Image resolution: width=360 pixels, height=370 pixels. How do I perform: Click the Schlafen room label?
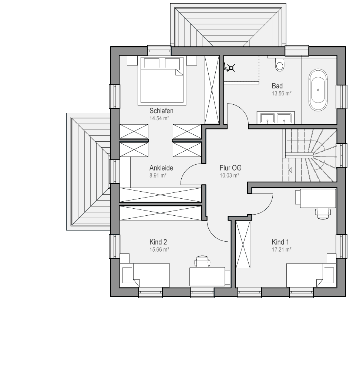pyautogui.click(x=161, y=111)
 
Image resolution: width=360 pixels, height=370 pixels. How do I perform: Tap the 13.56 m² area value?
pyautogui.click(x=282, y=94)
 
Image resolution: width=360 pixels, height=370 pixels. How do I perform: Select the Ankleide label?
pyautogui.click(x=161, y=168)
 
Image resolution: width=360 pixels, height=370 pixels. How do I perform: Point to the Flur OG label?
pyautogui.click(x=231, y=168)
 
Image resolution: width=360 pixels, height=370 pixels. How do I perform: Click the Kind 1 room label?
pyautogui.click(x=280, y=242)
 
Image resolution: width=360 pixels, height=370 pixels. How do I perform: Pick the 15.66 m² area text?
pyautogui.click(x=159, y=250)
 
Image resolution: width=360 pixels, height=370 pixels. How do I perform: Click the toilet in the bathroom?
pyautogui.click(x=280, y=64)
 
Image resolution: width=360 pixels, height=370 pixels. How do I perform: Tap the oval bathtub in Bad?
pyautogui.click(x=318, y=90)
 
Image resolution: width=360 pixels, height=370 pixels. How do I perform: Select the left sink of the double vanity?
pyautogui.click(x=268, y=118)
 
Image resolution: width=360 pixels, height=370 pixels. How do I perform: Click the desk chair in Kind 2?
pyautogui.click(x=202, y=261)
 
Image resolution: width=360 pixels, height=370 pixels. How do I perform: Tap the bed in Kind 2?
pyautogui.click(x=145, y=275)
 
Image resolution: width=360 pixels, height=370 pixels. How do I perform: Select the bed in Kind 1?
pyautogui.click(x=312, y=275)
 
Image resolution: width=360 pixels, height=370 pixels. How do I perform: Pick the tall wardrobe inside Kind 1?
pyautogui.click(x=243, y=245)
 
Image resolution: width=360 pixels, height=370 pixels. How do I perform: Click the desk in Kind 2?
pyautogui.click(x=207, y=276)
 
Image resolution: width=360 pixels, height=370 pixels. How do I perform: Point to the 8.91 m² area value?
pyautogui.click(x=158, y=175)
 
